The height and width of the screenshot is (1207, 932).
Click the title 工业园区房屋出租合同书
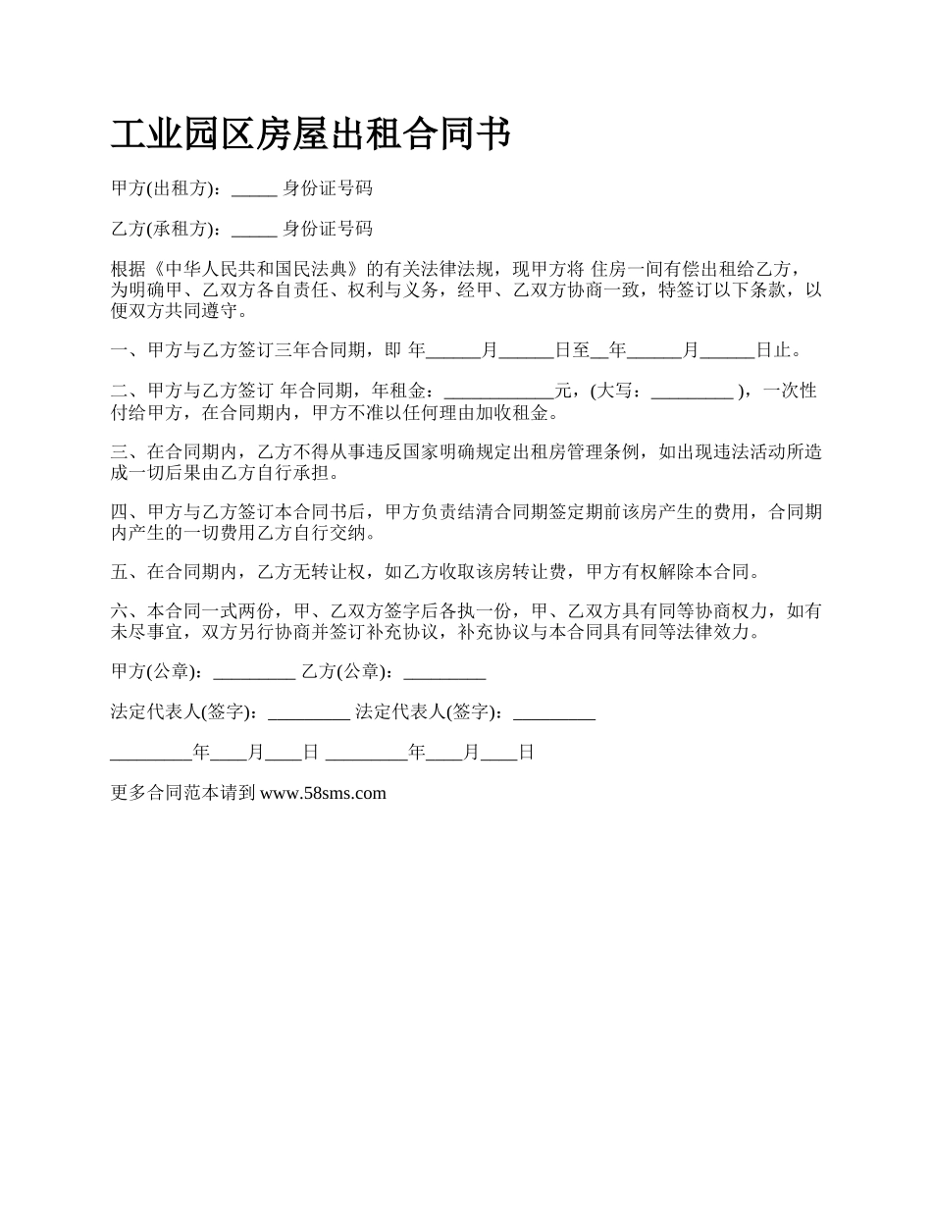(x=310, y=135)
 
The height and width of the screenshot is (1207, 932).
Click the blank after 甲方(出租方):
(x=254, y=189)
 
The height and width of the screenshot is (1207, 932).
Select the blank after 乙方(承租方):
(x=254, y=230)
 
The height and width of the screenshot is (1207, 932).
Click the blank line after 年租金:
(x=498, y=392)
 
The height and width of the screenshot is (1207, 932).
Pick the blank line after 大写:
(x=692, y=392)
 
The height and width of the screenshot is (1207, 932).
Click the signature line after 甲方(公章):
(x=253, y=673)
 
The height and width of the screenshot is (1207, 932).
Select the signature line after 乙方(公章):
(x=444, y=673)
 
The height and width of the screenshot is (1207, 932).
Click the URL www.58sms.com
(x=323, y=793)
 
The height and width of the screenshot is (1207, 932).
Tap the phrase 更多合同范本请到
(x=183, y=793)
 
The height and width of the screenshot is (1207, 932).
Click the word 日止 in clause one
(x=772, y=349)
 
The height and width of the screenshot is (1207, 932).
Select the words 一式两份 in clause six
(x=229, y=612)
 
